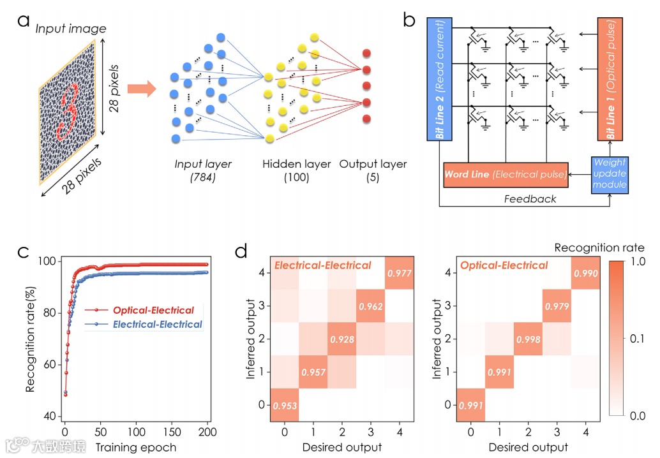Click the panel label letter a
(24, 22)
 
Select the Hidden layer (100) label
(297, 171)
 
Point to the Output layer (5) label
(372, 171)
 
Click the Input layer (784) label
(203, 171)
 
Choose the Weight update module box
(610, 175)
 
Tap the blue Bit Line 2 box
(440, 79)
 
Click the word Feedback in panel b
(530, 198)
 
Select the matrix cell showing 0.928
(342, 339)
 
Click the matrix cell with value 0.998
(528, 339)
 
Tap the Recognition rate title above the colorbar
(599, 247)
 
